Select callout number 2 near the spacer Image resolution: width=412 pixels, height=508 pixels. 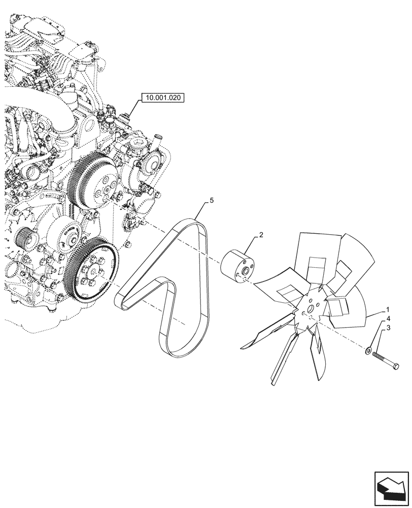[x=261, y=235]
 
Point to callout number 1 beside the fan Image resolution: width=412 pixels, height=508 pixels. [x=388, y=309]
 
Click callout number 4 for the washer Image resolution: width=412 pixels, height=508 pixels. [x=388, y=319]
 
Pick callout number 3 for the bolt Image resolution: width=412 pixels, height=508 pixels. [x=388, y=329]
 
